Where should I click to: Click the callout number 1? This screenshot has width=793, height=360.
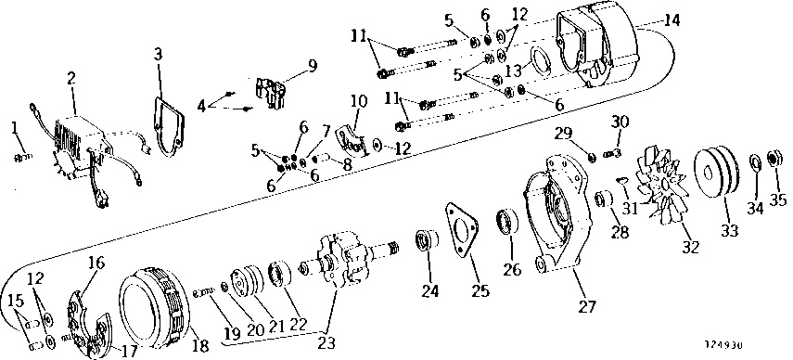coord(14,127)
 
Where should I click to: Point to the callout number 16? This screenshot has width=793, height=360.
coord(96,263)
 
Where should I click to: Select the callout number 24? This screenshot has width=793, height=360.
coord(428,290)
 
